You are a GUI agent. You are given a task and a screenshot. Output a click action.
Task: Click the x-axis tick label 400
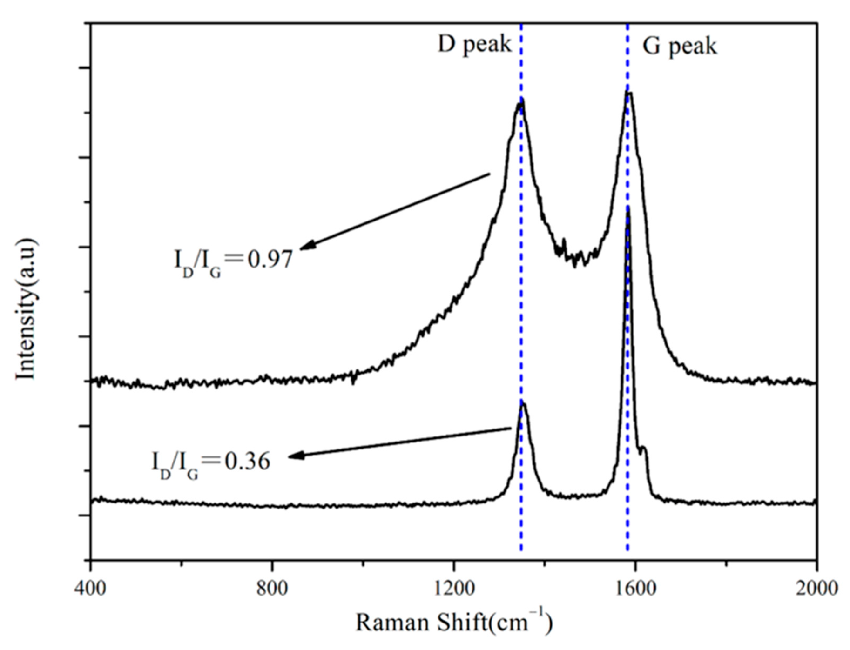[90, 588]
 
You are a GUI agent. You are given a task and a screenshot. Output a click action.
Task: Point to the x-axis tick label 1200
[453, 588]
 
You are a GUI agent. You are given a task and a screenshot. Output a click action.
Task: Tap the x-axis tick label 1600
[635, 588]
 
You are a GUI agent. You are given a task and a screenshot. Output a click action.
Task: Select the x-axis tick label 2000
[816, 588]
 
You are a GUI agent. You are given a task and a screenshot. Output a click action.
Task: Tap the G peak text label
[679, 47]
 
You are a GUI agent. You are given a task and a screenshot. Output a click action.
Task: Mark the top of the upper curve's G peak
[628, 93]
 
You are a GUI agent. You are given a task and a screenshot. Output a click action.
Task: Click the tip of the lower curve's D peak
[522, 402]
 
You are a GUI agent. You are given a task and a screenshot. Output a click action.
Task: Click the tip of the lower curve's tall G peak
[628, 208]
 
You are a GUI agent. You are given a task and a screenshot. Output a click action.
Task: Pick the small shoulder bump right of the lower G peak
[643, 448]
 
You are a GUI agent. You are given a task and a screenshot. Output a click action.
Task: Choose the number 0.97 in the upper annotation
[270, 260]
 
